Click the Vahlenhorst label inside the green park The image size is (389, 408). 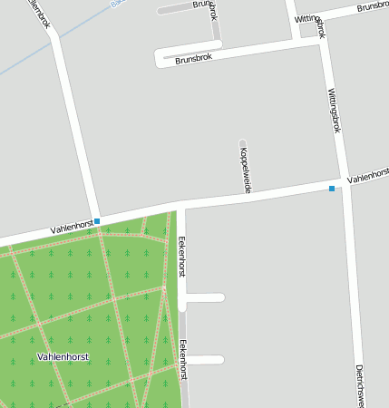coord(63,357)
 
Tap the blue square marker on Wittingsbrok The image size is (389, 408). coord(332,189)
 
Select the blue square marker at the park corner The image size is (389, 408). coord(97,221)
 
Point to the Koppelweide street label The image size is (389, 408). coord(246,170)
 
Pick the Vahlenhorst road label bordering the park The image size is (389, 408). coord(72,226)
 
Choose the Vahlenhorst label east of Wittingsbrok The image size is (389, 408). coord(368,174)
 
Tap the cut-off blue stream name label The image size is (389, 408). coord(116,4)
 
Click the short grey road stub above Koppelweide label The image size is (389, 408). coord(243,142)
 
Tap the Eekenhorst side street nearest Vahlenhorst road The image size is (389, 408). coord(205,297)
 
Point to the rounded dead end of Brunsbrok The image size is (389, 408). coord(160,57)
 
